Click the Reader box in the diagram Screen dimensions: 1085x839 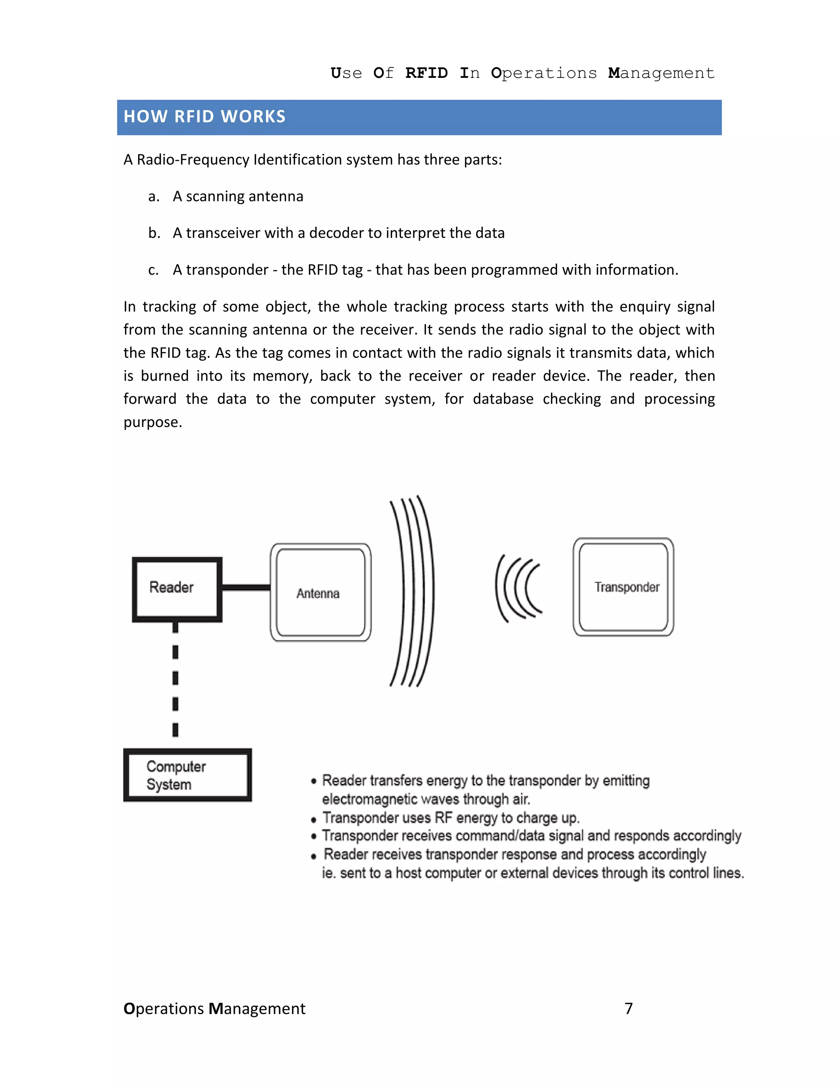click(x=177, y=589)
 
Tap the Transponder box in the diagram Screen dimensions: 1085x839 click(x=623, y=587)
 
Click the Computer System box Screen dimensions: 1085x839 click(x=187, y=775)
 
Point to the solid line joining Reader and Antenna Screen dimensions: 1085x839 click(x=246, y=588)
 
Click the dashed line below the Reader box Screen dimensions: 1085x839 click(x=175, y=678)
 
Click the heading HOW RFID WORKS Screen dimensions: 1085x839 click(x=205, y=117)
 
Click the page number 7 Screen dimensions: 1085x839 click(x=629, y=1008)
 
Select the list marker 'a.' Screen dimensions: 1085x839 click(x=154, y=197)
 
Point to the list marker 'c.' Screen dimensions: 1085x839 click(x=154, y=270)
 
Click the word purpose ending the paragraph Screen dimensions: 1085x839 click(x=152, y=422)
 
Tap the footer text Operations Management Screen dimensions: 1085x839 click(x=214, y=1008)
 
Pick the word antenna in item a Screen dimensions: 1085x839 click(x=276, y=197)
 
